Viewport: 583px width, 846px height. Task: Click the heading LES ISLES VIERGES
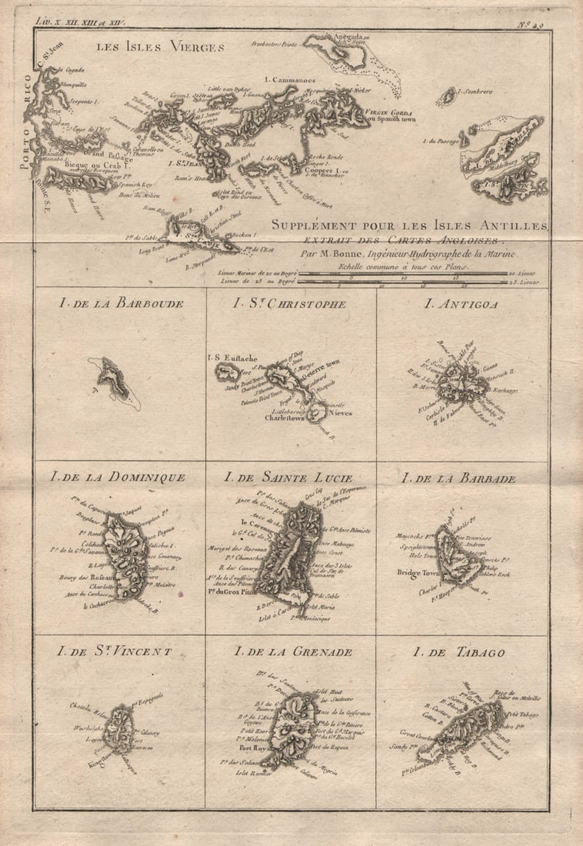click(x=160, y=48)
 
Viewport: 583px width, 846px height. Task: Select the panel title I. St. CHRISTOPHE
click(x=289, y=303)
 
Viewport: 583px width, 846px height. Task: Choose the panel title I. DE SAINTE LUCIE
click(x=288, y=478)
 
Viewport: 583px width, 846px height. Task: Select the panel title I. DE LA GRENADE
click(x=293, y=652)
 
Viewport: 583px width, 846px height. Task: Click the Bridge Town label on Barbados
click(x=416, y=572)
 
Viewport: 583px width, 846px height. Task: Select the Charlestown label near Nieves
click(x=285, y=418)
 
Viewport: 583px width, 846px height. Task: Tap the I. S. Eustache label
click(x=230, y=358)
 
